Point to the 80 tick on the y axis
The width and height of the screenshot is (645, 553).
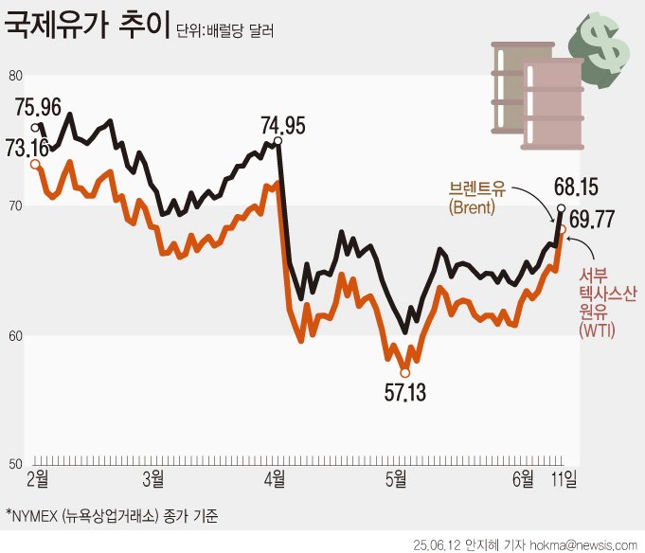click(14, 76)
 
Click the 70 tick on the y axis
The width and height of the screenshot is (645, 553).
click(14, 205)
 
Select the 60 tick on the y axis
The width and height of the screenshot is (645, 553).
click(14, 336)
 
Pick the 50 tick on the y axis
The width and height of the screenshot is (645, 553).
click(14, 465)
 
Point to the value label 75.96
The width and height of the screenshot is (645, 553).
click(39, 106)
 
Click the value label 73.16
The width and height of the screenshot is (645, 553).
click(27, 147)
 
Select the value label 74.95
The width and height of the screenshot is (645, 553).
click(284, 124)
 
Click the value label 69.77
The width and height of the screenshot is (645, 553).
click(593, 220)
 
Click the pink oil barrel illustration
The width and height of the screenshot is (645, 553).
click(552, 104)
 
